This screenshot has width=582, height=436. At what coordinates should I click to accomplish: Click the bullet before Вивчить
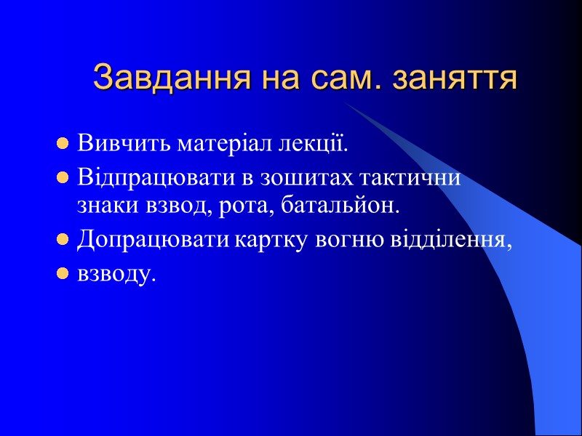(x=63, y=142)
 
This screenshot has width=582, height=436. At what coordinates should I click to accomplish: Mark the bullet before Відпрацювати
(x=63, y=178)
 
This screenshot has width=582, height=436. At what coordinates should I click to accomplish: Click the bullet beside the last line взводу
(x=63, y=275)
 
